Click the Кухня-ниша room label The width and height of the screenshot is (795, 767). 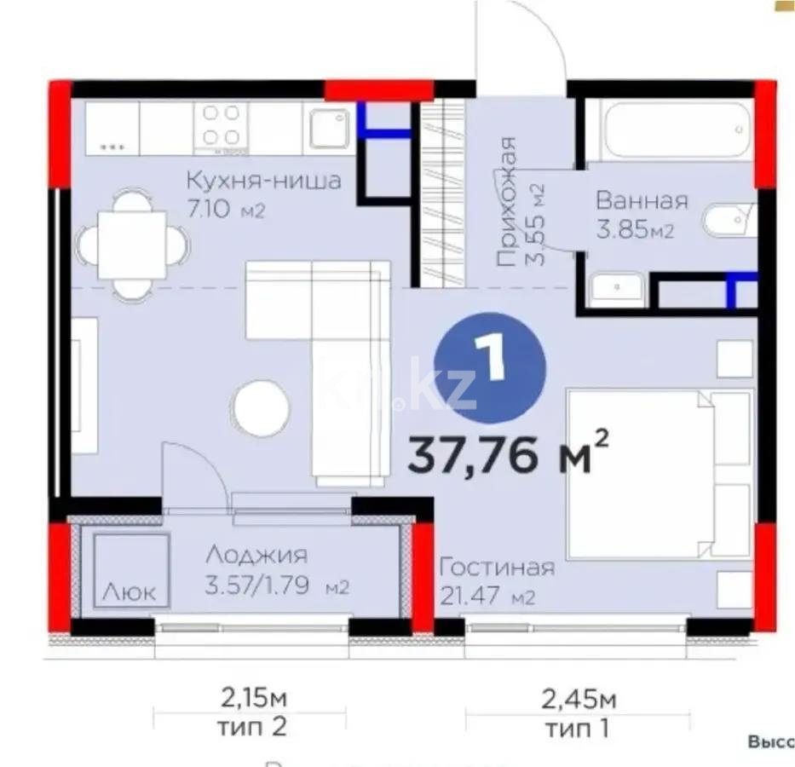263,181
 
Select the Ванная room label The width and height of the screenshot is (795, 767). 642,201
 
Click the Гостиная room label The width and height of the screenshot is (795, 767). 497,568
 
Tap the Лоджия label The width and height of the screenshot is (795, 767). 256,556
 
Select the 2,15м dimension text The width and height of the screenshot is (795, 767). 254,701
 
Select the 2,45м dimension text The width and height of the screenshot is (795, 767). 579,701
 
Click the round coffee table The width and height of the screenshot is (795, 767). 262,408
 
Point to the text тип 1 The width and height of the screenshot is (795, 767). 579,729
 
